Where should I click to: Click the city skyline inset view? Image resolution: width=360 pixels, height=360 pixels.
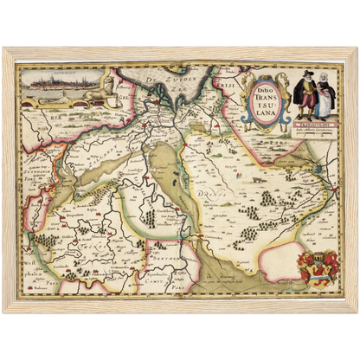55,85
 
